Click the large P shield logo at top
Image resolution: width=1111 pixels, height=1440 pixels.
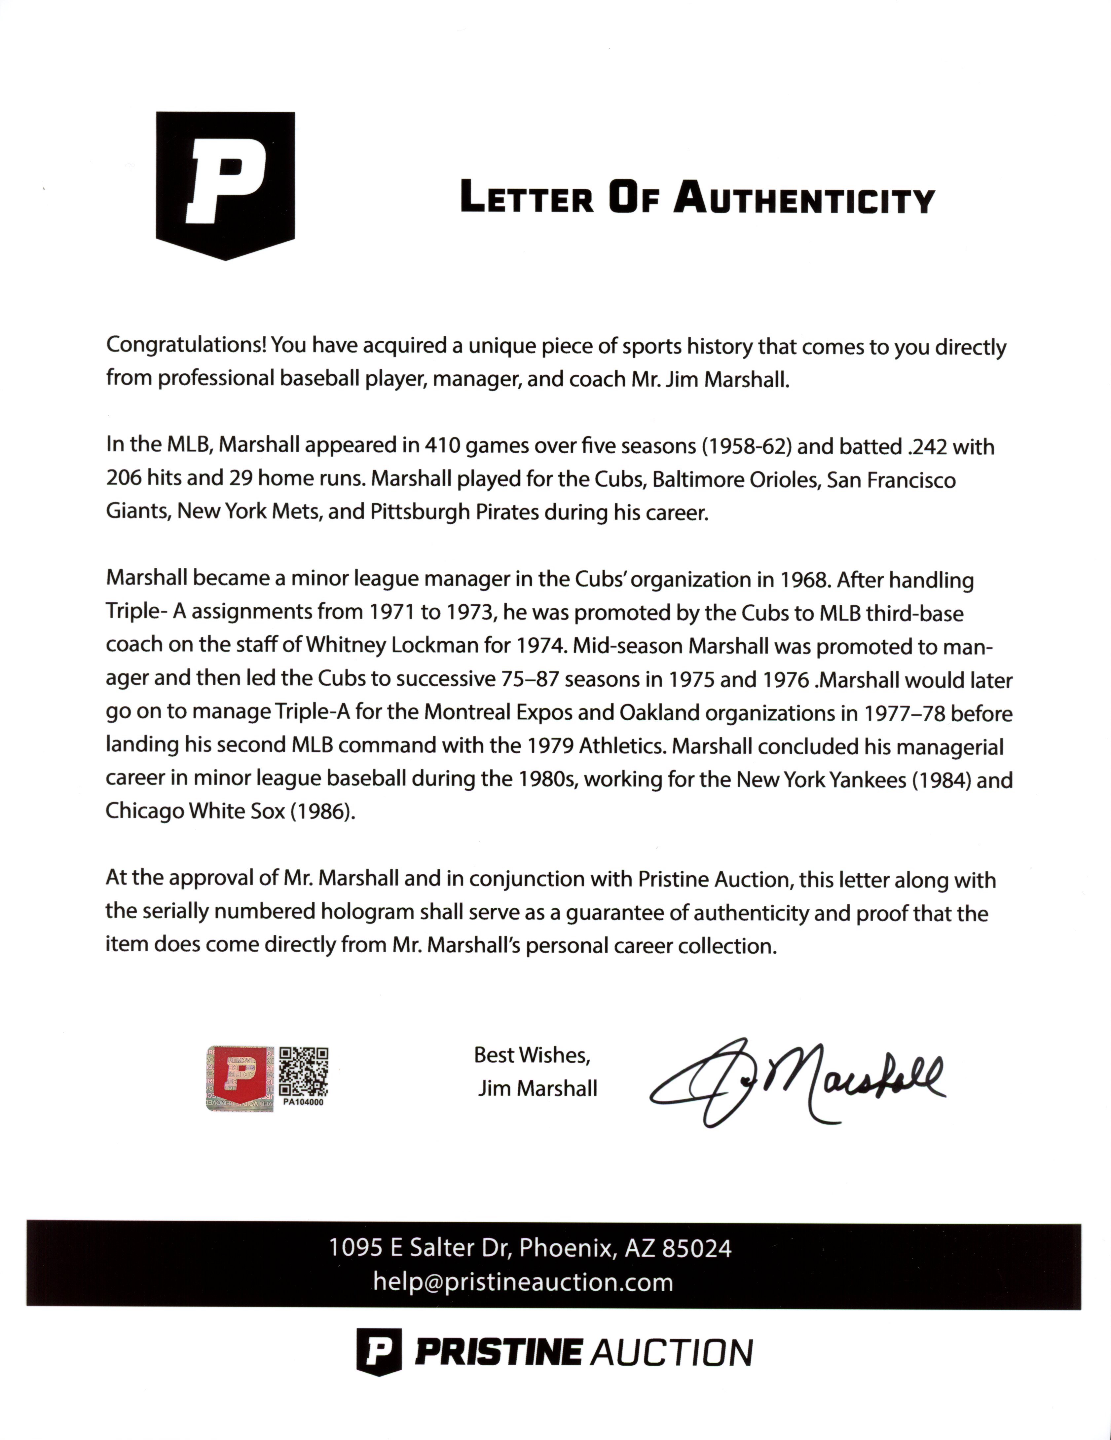tap(225, 185)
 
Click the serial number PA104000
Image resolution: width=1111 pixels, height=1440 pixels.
tap(304, 1102)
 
